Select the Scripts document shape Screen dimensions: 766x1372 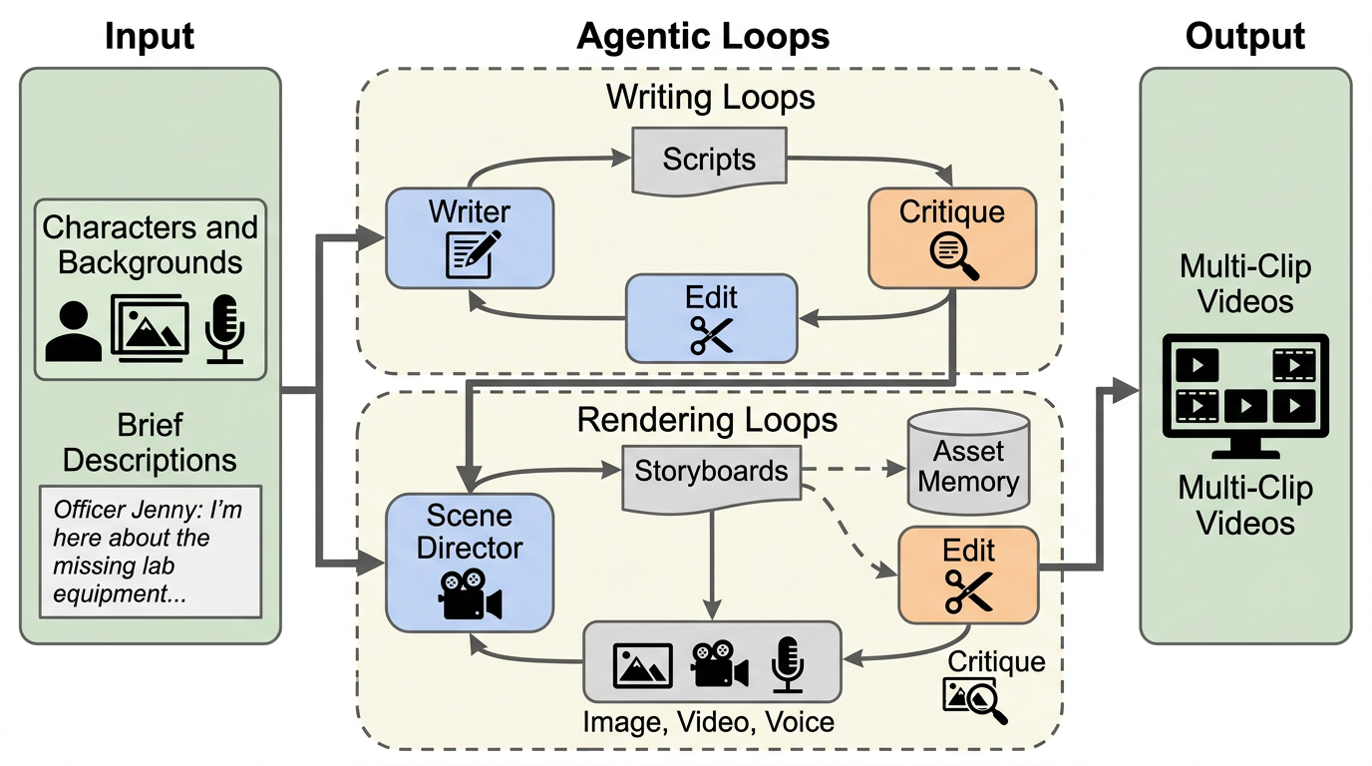pyautogui.click(x=709, y=160)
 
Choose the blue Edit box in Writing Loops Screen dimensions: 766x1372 pyautogui.click(x=711, y=318)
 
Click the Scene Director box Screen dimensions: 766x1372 pyautogui.click(x=469, y=563)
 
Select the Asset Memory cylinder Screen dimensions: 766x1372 pyautogui.click(x=968, y=464)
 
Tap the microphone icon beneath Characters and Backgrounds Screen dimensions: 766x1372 pyautogui.click(x=224, y=327)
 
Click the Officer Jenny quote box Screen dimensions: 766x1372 pyautogui.click(x=150, y=552)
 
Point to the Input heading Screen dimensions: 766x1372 pyautogui.click(x=150, y=37)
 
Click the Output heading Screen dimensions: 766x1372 pyautogui.click(x=1244, y=37)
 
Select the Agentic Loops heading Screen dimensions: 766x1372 pyautogui.click(x=703, y=37)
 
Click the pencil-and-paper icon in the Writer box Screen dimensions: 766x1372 pyautogui.click(x=469, y=253)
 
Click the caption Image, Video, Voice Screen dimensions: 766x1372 pyautogui.click(x=708, y=720)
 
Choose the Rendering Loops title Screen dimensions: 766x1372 pyautogui.click(x=707, y=420)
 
